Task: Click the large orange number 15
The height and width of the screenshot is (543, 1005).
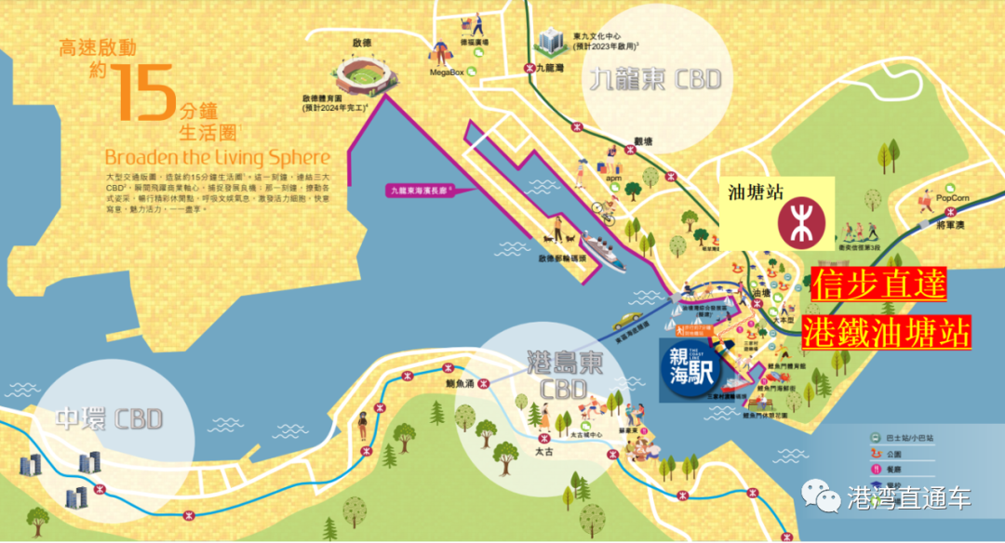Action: (142, 92)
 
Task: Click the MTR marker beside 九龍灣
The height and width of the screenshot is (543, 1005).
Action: (529, 68)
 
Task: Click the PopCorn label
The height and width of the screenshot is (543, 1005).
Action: (952, 198)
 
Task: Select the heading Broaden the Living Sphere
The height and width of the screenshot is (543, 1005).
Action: (218, 156)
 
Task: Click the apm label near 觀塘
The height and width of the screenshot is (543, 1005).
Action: (612, 175)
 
